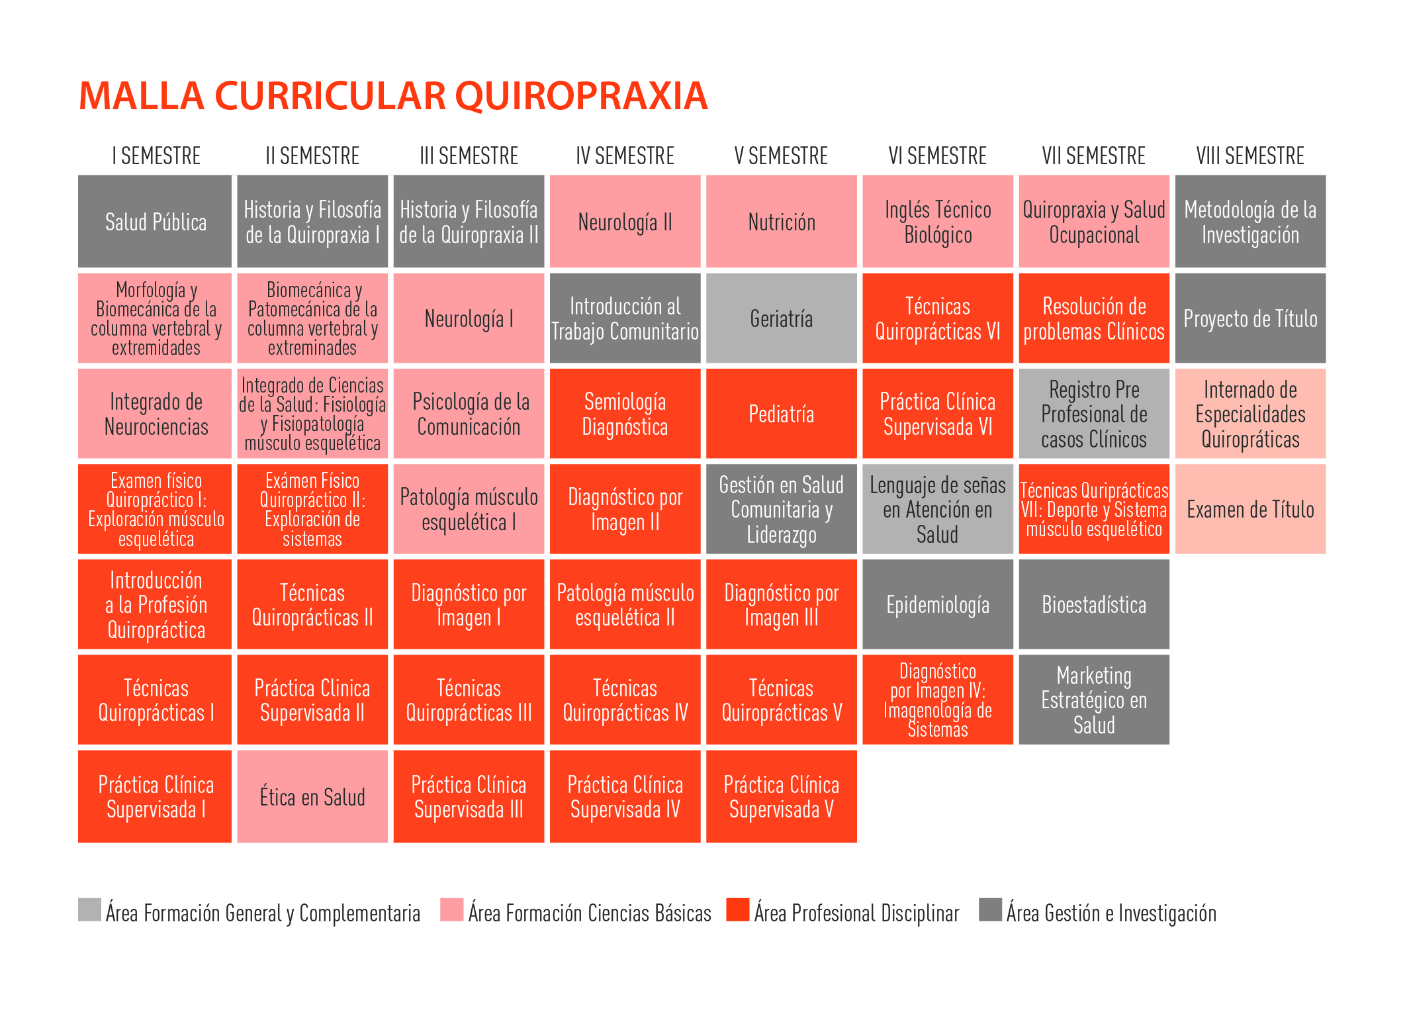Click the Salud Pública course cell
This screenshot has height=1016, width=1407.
click(155, 222)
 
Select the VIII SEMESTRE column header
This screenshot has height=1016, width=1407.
click(1249, 156)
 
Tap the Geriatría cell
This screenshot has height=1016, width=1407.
click(781, 318)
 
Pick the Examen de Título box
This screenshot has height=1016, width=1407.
click(1249, 509)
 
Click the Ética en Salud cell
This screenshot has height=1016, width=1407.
click(312, 796)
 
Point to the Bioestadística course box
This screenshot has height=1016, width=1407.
click(1093, 604)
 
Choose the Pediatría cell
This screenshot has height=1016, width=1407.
click(781, 414)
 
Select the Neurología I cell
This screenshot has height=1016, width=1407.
click(469, 318)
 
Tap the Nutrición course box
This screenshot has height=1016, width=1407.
click(781, 222)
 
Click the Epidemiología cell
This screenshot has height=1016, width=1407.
click(937, 604)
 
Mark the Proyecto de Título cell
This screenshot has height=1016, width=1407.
click(1249, 318)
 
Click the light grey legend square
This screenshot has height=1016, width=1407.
click(89, 909)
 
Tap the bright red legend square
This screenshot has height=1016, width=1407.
click(737, 909)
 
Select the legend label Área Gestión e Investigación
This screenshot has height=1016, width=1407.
click(1111, 913)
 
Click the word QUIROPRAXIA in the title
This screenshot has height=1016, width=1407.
click(581, 96)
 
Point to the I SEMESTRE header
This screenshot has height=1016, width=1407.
click(156, 156)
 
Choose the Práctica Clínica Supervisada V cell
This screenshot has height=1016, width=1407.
click(781, 796)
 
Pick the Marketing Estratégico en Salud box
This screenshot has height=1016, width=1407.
click(1093, 700)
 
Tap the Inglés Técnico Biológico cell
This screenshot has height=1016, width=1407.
click(937, 222)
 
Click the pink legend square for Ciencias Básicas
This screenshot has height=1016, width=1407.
click(452, 909)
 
